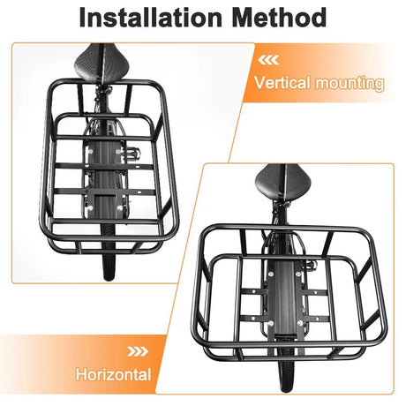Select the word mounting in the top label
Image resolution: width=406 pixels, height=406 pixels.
pos(351,84)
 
